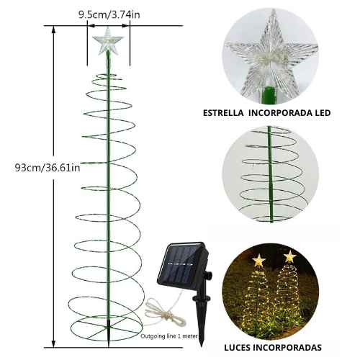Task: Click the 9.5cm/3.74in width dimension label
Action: pyautogui.click(x=109, y=15)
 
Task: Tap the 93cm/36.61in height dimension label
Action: pyautogui.click(x=48, y=167)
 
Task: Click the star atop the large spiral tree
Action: pyautogui.click(x=108, y=41)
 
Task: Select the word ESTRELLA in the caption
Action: pyautogui.click(x=223, y=113)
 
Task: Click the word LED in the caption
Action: pyautogui.click(x=323, y=113)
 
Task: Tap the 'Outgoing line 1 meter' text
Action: pyautogui.click(x=169, y=336)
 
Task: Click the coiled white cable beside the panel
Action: pyautogui.click(x=163, y=312)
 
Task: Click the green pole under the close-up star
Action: pyautogui.click(x=269, y=96)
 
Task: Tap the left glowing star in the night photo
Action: pyautogui.click(x=258, y=261)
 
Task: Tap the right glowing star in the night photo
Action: pyautogui.click(x=290, y=256)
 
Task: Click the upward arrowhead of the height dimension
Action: pyautogui.click(x=54, y=30)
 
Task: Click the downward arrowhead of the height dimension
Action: pyautogui.click(x=54, y=343)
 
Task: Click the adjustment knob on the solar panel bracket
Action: pyautogui.click(x=209, y=274)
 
